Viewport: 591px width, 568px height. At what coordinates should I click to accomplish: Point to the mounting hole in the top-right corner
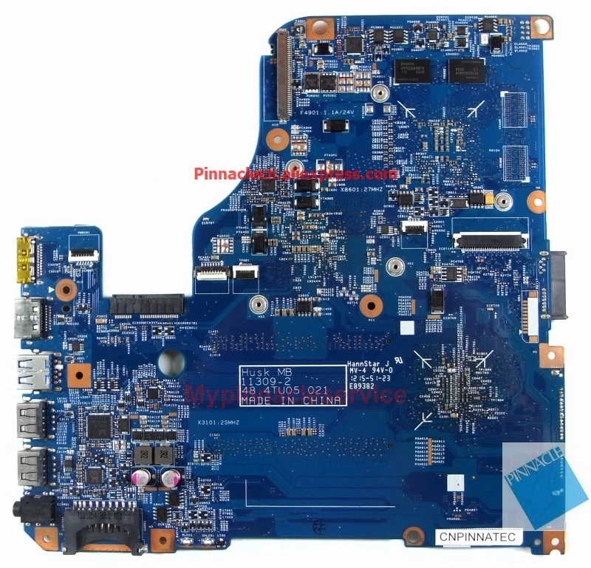[x=542, y=28]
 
